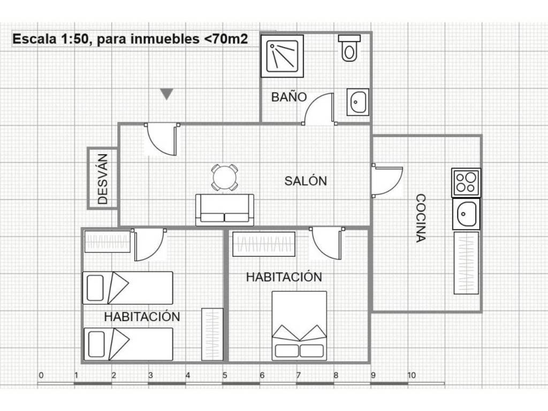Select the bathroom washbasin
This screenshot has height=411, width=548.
pyautogui.click(x=358, y=102)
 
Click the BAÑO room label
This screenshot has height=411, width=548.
pyautogui.click(x=289, y=97)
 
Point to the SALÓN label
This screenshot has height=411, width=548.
pyautogui.click(x=306, y=181)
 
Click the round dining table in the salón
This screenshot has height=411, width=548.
pyautogui.click(x=225, y=178)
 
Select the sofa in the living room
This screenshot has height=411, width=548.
pyautogui.click(x=225, y=210)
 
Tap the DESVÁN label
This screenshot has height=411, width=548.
pyautogui.click(x=103, y=179)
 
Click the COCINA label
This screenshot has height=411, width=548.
pyautogui.click(x=421, y=218)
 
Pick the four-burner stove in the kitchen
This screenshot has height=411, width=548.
pyautogui.click(x=466, y=182)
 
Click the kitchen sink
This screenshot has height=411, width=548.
pyautogui.click(x=466, y=214)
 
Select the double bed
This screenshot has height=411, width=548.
pyautogui.click(x=300, y=326)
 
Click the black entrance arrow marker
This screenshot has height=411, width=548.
pyautogui.click(x=167, y=94)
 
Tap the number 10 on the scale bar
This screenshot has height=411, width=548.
pyautogui.click(x=412, y=375)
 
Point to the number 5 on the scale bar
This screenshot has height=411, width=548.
pyautogui.click(x=225, y=375)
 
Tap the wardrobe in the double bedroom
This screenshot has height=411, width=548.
pyautogui.click(x=264, y=244)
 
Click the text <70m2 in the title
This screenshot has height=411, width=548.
pyautogui.click(x=226, y=39)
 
